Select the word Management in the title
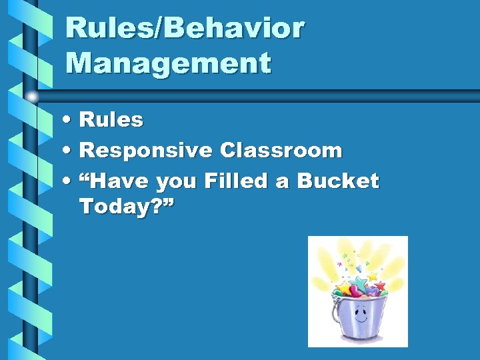coord(169,63)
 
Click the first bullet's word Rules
coord(111,120)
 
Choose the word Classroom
coord(281,151)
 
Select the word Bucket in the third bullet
coord(338,181)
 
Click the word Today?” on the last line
coord(127,207)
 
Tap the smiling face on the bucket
coord(360,315)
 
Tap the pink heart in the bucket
coord(355,292)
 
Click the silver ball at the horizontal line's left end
coord(32,97)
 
